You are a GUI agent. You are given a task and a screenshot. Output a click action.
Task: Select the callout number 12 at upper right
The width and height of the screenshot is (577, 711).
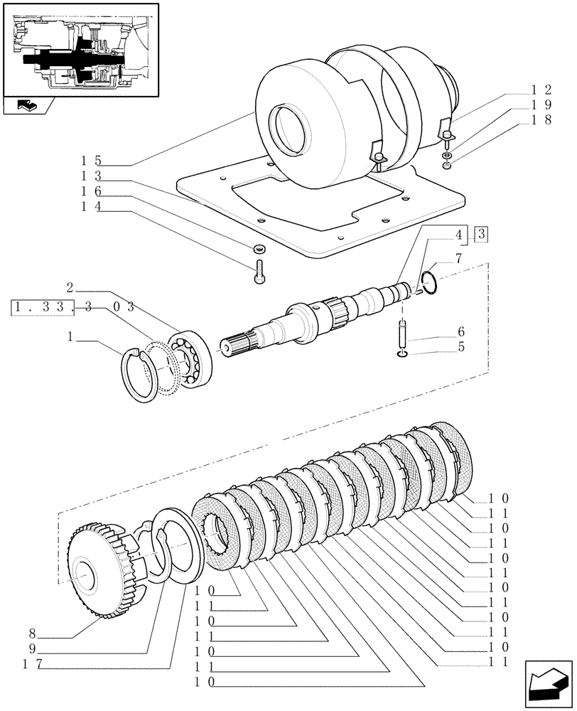pos(541,90)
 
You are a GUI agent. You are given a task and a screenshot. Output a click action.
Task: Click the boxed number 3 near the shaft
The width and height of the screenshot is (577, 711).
pos(481,234)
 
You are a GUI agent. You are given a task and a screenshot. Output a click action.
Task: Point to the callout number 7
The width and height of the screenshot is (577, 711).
pos(459,259)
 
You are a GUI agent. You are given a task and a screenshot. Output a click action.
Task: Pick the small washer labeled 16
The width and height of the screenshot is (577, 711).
pos(259,249)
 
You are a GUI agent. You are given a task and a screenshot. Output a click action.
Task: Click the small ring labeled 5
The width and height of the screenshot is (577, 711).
pos(403,353)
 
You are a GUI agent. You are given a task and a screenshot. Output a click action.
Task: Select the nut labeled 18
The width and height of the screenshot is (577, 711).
pos(445,166)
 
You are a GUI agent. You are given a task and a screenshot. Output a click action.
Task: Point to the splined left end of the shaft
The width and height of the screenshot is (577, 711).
pos(239,343)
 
